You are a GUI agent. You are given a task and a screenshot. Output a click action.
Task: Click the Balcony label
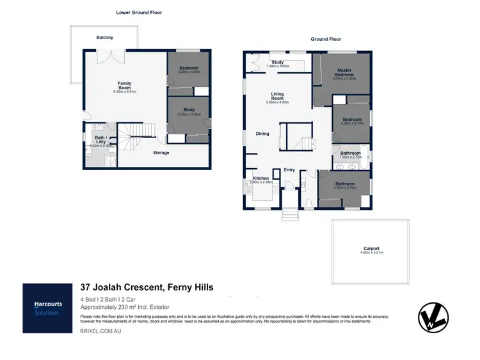coord(105,38)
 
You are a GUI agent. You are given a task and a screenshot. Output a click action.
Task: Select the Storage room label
coord(161,153)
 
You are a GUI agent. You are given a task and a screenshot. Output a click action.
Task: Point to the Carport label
coord(371,248)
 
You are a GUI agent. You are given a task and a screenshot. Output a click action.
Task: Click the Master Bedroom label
coord(344,72)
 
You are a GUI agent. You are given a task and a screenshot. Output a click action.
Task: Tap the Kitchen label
coord(260,178)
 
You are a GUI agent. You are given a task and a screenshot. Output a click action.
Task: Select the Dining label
coord(262,134)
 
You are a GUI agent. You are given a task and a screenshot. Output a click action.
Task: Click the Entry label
coord(289,169)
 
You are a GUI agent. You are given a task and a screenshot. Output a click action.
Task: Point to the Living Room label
coord(278,95)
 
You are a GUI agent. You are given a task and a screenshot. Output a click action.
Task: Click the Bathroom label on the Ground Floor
coord(350,153)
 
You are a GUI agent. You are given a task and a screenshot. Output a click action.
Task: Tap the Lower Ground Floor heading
coord(138,12)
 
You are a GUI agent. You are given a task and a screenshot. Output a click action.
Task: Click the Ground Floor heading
coord(326,39)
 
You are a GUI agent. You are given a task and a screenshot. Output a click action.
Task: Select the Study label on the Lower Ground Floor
coord(189,110)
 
